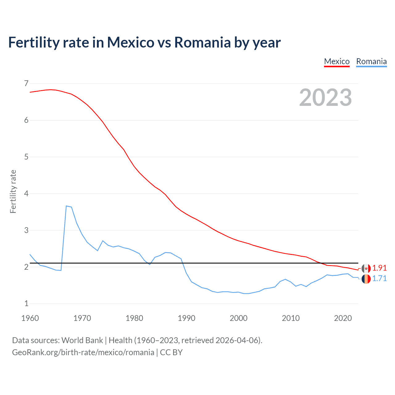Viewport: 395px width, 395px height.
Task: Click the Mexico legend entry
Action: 337,61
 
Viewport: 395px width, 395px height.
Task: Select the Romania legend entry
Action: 371,61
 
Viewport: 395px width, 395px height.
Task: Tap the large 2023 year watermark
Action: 325,98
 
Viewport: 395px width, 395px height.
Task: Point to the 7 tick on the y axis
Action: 26,83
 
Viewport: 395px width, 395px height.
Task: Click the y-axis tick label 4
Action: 26,193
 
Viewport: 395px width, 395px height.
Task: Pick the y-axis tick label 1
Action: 26,303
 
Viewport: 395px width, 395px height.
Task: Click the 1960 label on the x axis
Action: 30,318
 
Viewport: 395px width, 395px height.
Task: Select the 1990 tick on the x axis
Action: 186,318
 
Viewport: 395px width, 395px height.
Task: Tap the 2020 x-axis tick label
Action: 343,318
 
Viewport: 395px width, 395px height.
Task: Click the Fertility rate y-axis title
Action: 13,191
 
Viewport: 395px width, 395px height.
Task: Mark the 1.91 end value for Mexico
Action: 379,268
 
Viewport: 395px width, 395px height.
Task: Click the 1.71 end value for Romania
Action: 379,278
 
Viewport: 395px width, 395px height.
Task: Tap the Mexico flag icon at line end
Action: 366,268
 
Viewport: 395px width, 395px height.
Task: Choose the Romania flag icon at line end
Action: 366,279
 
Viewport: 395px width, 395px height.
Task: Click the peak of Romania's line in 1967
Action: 66,206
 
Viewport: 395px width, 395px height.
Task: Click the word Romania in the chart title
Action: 202,42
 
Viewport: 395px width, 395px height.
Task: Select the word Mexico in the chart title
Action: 130,42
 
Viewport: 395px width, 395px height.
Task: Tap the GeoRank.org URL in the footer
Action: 83,352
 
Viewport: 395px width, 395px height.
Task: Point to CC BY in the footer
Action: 171,352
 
